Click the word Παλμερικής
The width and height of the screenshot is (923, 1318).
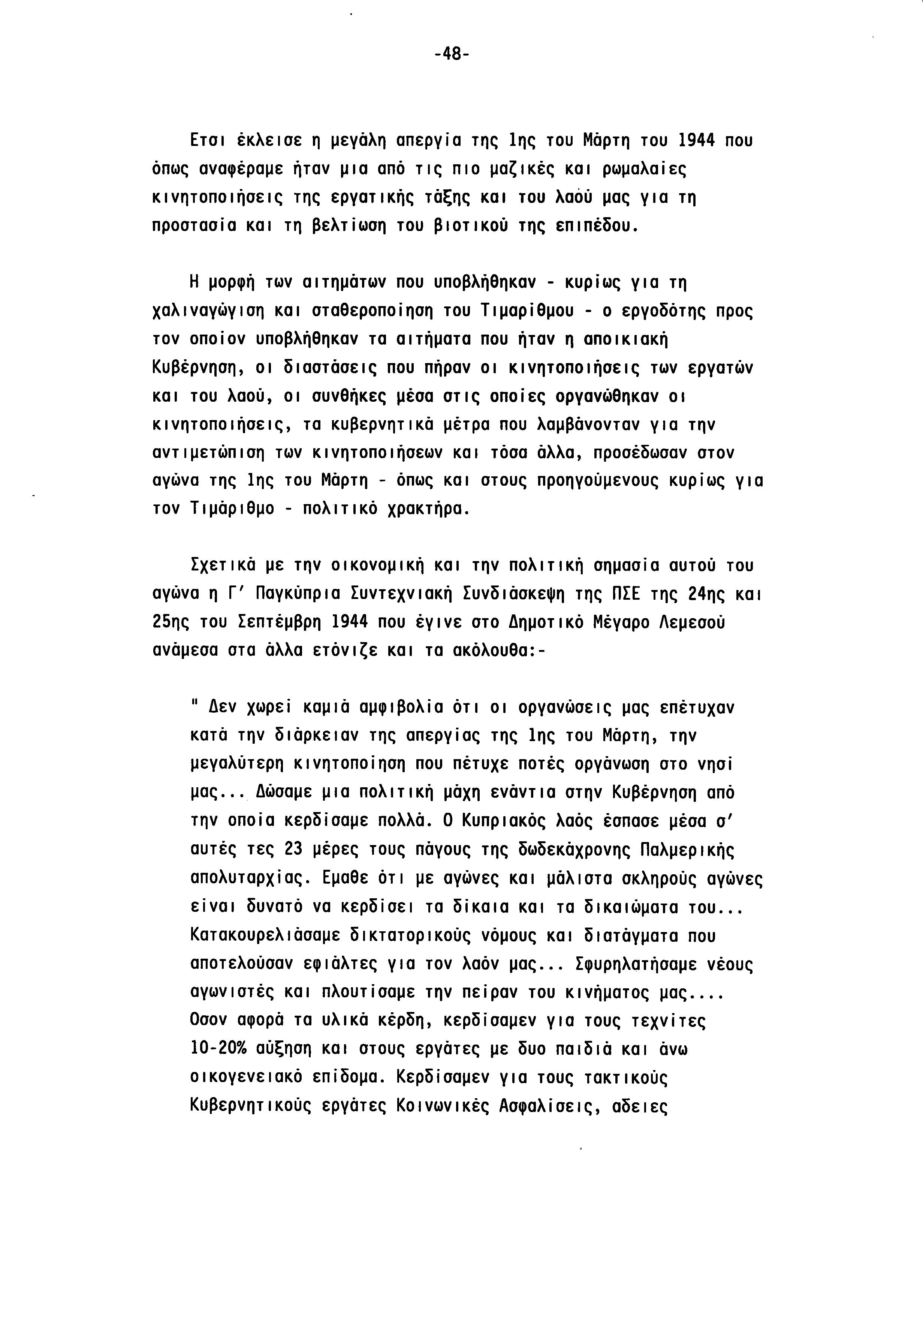point(687,850)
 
